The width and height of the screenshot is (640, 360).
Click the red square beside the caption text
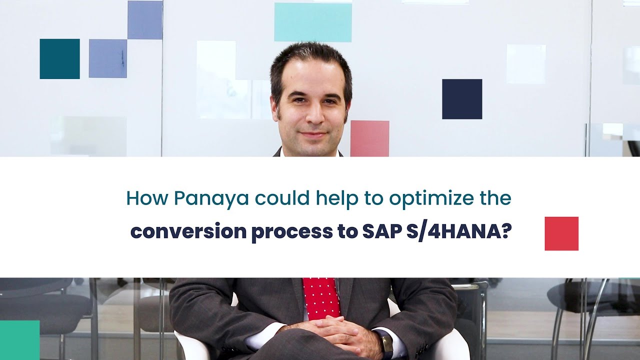[x=561, y=233]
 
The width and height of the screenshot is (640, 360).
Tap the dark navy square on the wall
[x=462, y=99]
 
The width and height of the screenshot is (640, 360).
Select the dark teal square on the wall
[x=59, y=58]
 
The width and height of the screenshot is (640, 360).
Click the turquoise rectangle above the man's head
[x=313, y=22]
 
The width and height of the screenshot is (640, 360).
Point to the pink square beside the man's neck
[x=369, y=138]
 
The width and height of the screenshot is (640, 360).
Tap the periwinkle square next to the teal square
[x=107, y=58]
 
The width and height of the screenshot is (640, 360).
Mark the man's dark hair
[x=310, y=57]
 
